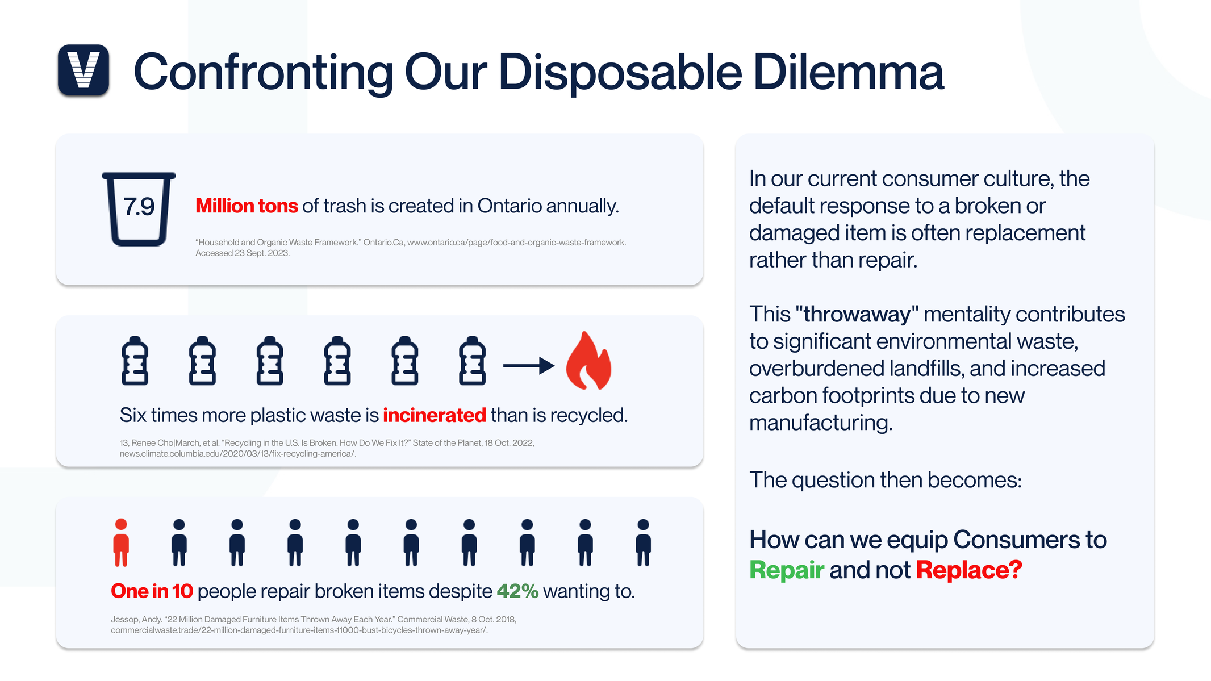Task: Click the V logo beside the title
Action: [83, 70]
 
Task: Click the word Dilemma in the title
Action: [849, 72]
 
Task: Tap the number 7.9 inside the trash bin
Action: [139, 207]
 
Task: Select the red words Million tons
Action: [247, 206]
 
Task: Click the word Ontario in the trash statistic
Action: [510, 206]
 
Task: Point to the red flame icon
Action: [588, 361]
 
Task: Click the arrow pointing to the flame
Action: [529, 366]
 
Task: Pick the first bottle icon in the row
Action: [135, 361]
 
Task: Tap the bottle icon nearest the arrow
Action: [472, 361]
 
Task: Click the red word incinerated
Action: [435, 415]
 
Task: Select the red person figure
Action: [121, 542]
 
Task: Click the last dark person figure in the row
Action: [643, 542]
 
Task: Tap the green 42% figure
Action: [517, 591]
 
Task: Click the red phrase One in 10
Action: [152, 591]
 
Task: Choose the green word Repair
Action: [787, 570]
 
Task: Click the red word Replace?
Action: [969, 570]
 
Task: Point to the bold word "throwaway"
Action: [857, 314]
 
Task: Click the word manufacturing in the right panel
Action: [821, 423]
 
